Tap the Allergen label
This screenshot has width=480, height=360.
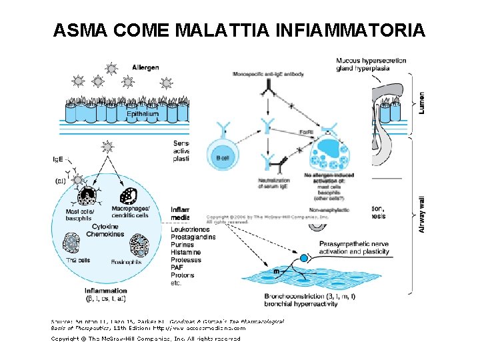[x=145, y=67]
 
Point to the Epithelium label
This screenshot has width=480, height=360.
[x=143, y=114]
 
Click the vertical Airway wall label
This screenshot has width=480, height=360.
[x=421, y=213]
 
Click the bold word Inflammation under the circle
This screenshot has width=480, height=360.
[x=106, y=291]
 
